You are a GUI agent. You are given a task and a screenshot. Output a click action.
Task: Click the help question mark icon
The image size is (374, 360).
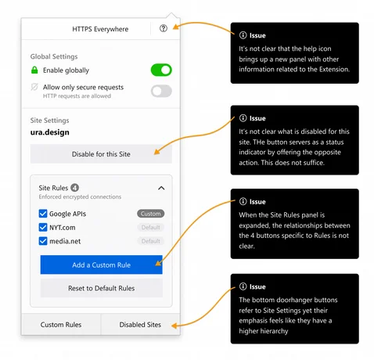tap(163, 28)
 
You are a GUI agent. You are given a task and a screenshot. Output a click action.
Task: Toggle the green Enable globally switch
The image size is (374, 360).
tap(161, 70)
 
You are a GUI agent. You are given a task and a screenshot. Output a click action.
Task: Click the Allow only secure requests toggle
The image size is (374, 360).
tap(161, 91)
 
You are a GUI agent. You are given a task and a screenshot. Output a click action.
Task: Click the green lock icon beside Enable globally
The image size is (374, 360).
tap(35, 70)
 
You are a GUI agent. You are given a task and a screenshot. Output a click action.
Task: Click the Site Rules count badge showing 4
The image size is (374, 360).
tap(74, 188)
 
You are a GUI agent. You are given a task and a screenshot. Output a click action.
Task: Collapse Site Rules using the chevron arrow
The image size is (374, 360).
tap(161, 188)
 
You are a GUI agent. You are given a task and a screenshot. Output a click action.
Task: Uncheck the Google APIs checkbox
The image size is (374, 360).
tap(43, 213)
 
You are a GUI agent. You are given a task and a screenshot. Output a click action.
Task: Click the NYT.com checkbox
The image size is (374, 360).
tap(43, 228)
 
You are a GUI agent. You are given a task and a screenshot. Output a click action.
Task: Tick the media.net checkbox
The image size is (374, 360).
tap(43, 242)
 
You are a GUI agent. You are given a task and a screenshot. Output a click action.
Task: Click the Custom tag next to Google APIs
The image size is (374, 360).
tap(150, 213)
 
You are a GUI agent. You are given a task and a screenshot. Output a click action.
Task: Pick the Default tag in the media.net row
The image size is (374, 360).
tap(150, 242)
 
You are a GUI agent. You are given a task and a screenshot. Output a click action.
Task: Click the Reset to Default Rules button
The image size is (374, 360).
tap(101, 288)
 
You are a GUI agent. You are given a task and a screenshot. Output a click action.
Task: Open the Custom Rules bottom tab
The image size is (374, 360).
tap(61, 324)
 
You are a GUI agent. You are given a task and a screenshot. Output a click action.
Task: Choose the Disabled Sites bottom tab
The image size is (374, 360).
tap(140, 324)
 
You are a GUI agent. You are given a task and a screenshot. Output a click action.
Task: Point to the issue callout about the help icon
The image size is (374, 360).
tap(294, 52)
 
